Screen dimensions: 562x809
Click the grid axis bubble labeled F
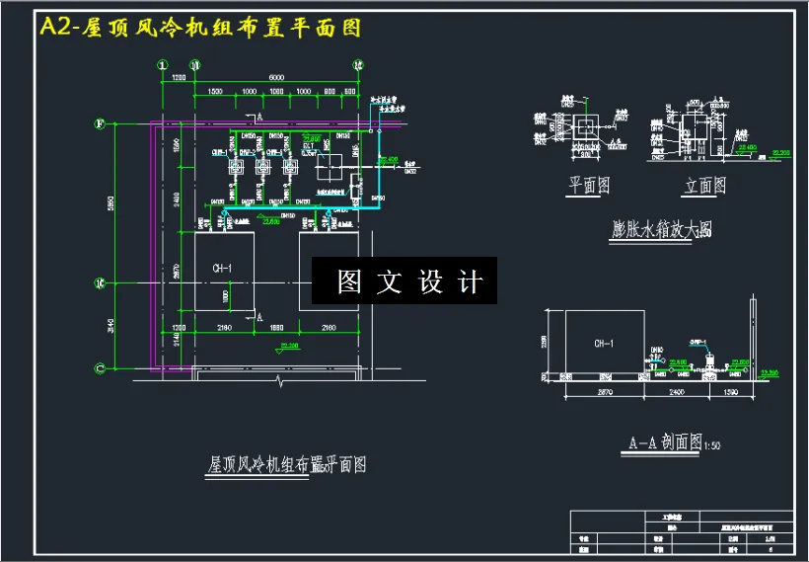click(x=100, y=124)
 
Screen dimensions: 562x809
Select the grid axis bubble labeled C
click(x=100, y=368)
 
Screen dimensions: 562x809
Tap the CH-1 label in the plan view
click(x=222, y=269)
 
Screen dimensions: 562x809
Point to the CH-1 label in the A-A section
click(x=604, y=344)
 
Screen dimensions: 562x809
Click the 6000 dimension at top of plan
click(x=275, y=77)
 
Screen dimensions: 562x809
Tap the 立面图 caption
click(x=704, y=185)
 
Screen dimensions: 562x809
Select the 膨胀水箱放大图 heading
click(x=661, y=230)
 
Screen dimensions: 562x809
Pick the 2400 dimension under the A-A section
click(x=676, y=393)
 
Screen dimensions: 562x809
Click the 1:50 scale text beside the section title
click(x=711, y=446)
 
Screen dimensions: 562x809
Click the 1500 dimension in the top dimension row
click(x=213, y=91)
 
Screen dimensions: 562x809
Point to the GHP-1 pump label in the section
click(x=699, y=343)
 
